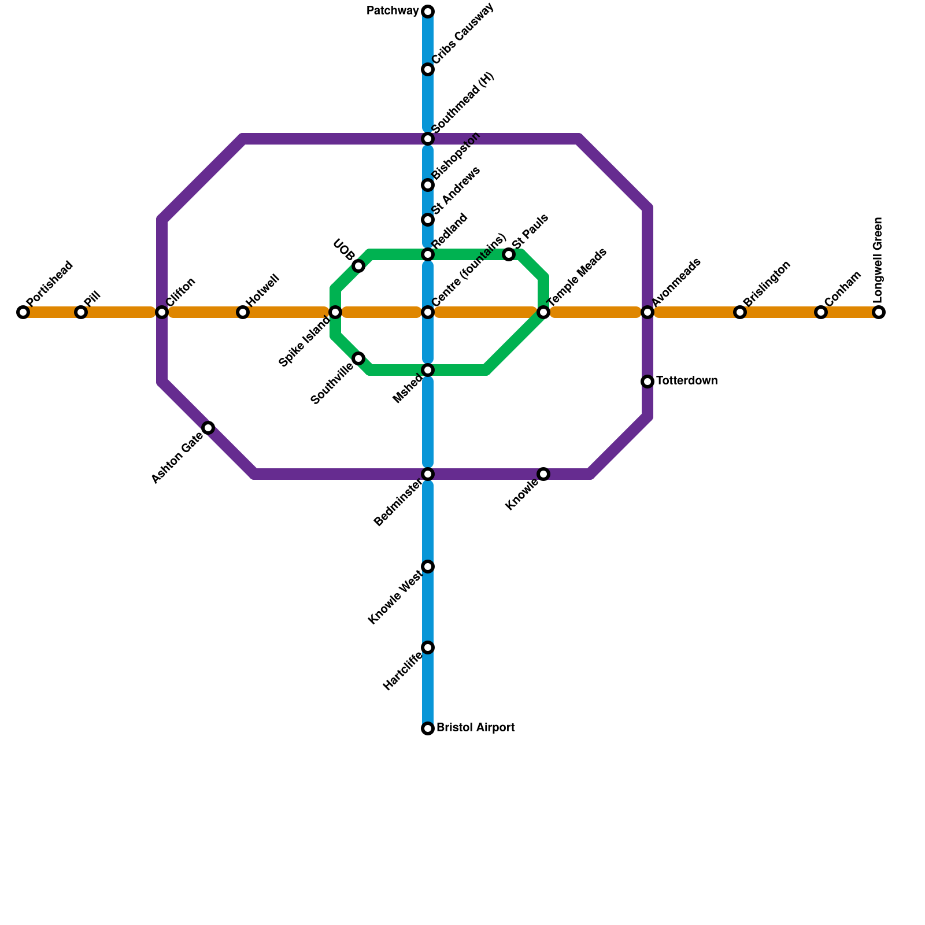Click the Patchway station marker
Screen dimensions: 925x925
point(428,12)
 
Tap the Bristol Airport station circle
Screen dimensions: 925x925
point(428,728)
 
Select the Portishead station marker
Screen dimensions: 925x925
point(23,312)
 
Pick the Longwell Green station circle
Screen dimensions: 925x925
point(879,312)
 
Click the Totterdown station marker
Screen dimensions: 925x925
point(647,382)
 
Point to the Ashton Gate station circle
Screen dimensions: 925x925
point(208,428)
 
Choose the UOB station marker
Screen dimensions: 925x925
point(358,266)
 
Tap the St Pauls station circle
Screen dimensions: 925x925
point(509,254)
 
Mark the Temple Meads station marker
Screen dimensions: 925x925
point(543,312)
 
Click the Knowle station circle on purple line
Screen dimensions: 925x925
point(543,474)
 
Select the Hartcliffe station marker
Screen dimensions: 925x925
point(428,647)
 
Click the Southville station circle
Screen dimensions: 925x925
point(358,358)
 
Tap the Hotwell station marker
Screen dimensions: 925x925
point(243,312)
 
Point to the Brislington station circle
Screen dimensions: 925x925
point(740,312)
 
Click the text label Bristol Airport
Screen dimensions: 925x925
point(475,728)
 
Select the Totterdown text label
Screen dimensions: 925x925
point(687,381)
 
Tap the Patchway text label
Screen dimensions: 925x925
point(393,11)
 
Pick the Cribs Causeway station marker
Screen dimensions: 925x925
point(428,69)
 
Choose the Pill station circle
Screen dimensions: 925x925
point(81,312)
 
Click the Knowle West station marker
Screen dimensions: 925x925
point(428,567)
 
